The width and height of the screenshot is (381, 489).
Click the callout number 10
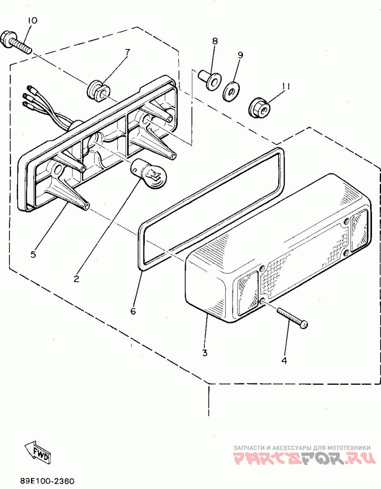[32, 20]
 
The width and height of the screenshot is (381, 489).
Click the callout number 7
[127, 52]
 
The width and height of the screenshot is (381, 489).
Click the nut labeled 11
[260, 108]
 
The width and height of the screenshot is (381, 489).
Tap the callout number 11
[285, 86]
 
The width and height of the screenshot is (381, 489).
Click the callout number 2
[77, 279]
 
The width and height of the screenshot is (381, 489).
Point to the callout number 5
[33, 254]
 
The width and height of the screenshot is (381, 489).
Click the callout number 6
[133, 311]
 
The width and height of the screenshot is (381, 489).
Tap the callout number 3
[205, 352]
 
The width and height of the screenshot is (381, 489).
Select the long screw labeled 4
[291, 317]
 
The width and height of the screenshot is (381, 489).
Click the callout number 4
[284, 360]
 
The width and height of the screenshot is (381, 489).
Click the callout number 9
[240, 55]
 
